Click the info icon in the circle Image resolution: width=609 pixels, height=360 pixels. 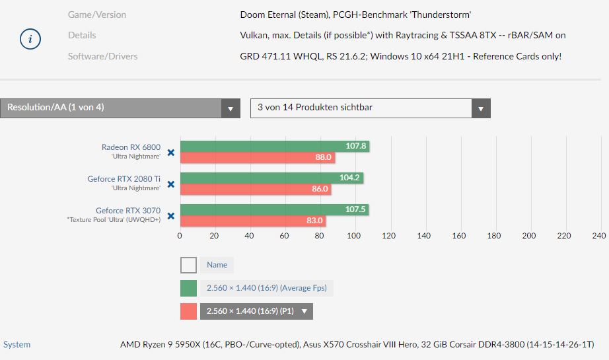pyautogui.click(x=30, y=40)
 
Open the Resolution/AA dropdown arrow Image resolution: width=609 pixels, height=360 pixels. pyautogui.click(x=231, y=108)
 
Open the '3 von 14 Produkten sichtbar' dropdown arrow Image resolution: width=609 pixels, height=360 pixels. pyautogui.click(x=481, y=108)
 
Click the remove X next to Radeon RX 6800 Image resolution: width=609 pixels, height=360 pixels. pyautogui.click(x=170, y=152)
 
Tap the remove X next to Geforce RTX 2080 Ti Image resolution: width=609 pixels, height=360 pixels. pyautogui.click(x=170, y=184)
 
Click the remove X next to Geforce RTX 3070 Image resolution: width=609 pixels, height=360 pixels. pyautogui.click(x=170, y=215)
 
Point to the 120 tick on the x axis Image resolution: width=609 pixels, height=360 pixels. pyautogui.click(x=389, y=235)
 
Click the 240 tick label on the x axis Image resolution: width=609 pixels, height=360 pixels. pyautogui.click(x=598, y=235)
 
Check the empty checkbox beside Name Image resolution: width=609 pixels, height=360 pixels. pyautogui.click(x=188, y=265)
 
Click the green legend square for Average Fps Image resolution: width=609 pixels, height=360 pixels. pyautogui.click(x=188, y=288)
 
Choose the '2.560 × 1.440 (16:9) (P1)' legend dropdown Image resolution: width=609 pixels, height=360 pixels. pyautogui.click(x=257, y=311)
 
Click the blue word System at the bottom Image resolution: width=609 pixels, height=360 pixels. pyautogui.click(x=17, y=344)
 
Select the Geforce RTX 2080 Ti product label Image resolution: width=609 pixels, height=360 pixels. pyautogui.click(x=124, y=178)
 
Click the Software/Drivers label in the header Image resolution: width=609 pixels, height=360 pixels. pyautogui.click(x=102, y=56)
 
